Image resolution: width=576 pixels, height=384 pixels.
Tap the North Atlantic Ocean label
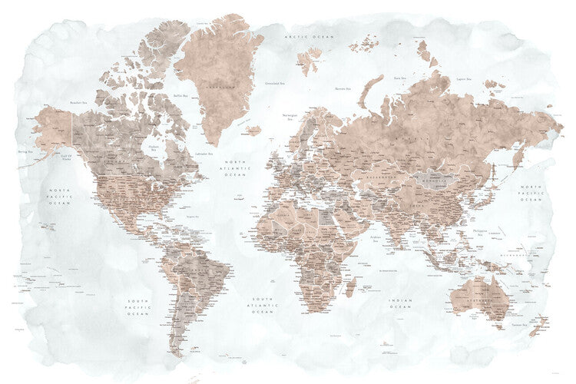click(234, 167)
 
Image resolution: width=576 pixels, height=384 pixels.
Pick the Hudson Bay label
click(154, 148)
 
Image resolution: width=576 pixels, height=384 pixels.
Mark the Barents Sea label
click(343, 89)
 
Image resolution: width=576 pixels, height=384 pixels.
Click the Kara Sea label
click(399, 78)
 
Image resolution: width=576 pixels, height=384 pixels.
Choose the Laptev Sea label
click(462, 78)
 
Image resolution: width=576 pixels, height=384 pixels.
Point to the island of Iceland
click(254, 131)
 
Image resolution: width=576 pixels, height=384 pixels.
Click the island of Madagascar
click(351, 287)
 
